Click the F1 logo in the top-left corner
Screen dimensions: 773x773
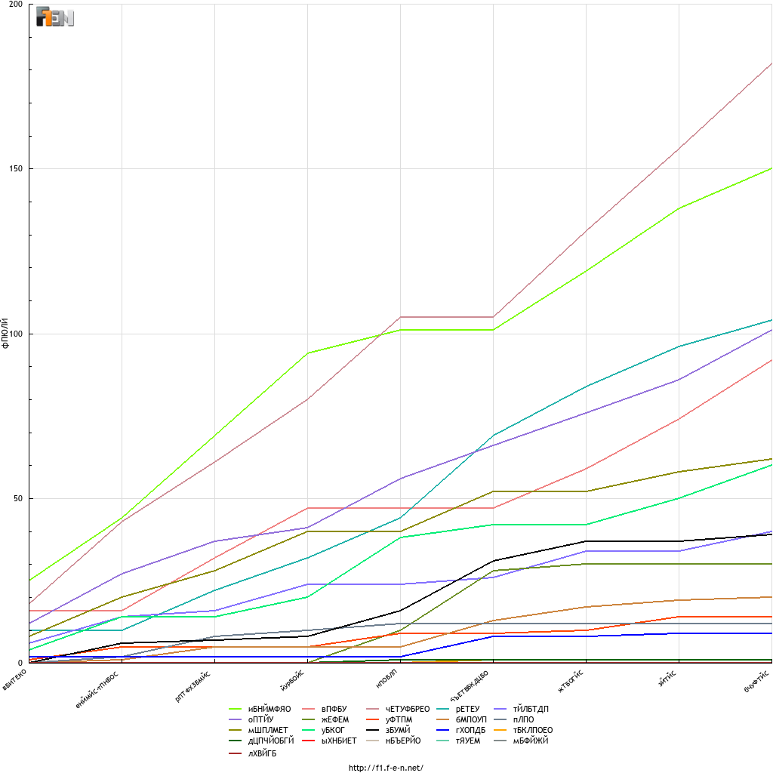coord(55,18)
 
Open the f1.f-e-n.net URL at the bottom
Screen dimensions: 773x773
coord(386,768)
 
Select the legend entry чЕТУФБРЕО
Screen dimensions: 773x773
coord(408,709)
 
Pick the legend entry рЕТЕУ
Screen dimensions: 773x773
coord(471,709)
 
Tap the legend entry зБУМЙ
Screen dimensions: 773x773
coord(398,730)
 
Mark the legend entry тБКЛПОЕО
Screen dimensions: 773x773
coord(533,730)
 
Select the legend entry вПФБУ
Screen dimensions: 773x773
coord(334,709)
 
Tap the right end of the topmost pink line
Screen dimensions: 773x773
coord(771,63)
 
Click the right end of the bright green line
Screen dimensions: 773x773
coord(771,168)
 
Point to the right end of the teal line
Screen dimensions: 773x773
coord(771,320)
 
